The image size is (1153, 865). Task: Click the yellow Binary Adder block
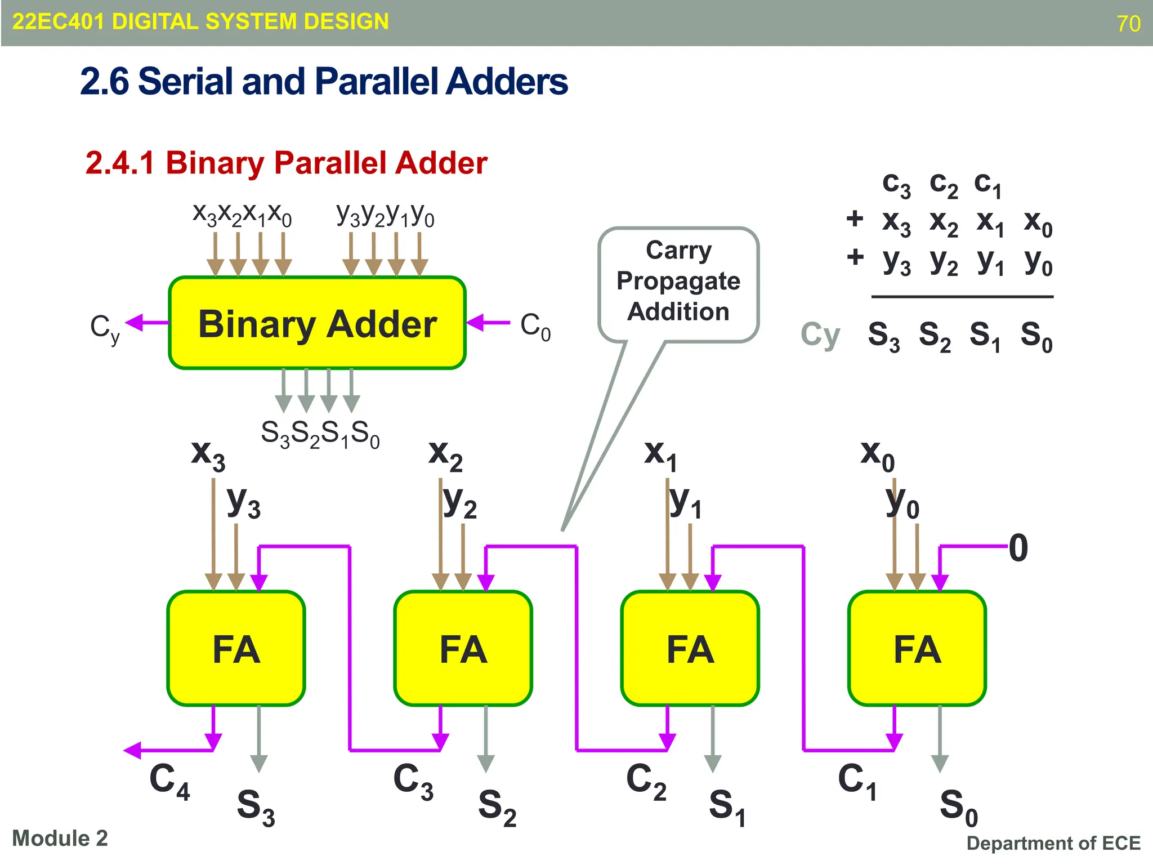[317, 323]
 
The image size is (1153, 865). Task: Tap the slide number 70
[1128, 24]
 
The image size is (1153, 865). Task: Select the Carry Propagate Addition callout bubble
[678, 282]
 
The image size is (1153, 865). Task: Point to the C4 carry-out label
[169, 782]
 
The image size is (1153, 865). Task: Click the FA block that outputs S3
[236, 648]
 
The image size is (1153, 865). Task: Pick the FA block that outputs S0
[917, 648]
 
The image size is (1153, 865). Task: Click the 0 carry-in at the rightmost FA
[1018, 548]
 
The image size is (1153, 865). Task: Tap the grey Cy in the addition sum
[820, 335]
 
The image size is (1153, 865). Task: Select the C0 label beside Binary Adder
[535, 326]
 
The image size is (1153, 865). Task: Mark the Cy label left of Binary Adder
[105, 328]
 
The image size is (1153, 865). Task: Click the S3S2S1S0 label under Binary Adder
[320, 434]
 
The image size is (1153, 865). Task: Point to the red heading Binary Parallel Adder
[286, 163]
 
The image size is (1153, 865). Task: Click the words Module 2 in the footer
[60, 838]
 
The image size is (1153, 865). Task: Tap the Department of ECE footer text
[1053, 843]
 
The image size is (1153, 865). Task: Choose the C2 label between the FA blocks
[646, 782]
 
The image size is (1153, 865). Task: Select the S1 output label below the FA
[727, 806]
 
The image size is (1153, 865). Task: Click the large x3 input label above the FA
[208, 454]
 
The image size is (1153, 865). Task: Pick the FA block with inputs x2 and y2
[463, 648]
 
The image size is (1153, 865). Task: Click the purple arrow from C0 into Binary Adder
[488, 323]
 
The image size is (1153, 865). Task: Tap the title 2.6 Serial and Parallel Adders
[324, 81]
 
